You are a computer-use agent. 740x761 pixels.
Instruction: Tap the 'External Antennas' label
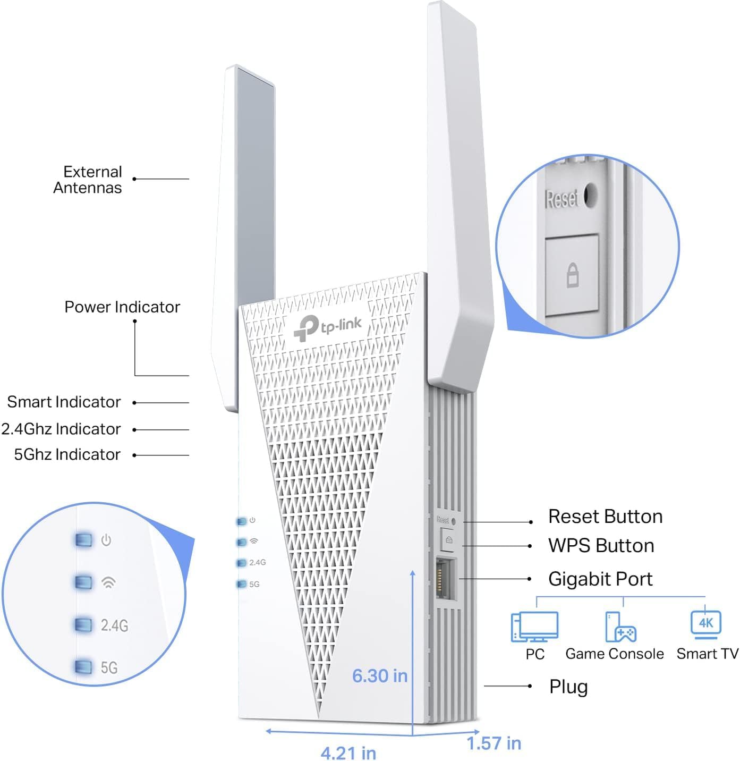(88, 180)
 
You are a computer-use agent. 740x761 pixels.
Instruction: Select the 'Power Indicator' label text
(122, 307)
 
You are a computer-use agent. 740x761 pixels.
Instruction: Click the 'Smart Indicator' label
(64, 402)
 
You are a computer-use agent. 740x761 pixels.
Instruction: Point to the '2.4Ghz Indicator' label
(61, 429)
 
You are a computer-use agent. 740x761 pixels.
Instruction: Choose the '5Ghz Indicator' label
(67, 455)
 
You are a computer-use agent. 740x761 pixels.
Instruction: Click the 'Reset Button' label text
(605, 517)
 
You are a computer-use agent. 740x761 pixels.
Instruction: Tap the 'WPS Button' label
(601, 546)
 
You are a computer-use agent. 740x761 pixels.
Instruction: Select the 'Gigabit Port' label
(600, 579)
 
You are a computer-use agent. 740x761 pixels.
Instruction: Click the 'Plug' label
(568, 687)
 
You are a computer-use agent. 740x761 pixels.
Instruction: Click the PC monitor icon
(534, 627)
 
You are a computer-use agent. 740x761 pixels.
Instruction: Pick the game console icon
(620, 627)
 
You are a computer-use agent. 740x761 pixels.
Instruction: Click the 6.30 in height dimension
(380, 676)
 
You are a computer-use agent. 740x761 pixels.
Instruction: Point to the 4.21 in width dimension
(348, 752)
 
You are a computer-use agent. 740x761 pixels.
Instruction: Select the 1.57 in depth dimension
(494, 743)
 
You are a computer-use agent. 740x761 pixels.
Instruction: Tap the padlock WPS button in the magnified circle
(572, 275)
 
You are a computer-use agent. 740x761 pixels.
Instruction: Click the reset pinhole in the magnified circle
(590, 195)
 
